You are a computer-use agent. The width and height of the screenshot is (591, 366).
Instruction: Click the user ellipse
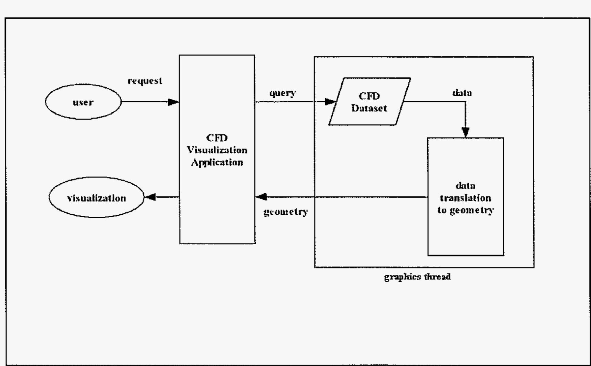[x=83, y=102]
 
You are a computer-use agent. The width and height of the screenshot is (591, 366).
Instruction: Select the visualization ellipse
[x=96, y=198]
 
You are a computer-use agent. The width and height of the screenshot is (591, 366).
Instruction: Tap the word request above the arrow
[x=145, y=81]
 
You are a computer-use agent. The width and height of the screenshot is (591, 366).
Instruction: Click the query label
[x=283, y=93]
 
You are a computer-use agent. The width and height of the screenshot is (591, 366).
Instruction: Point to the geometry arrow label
[x=286, y=212]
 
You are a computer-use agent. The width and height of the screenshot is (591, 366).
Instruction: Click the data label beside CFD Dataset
[x=462, y=93]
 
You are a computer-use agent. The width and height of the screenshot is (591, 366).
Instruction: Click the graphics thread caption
[x=417, y=277]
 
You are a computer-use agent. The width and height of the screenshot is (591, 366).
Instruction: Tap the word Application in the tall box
[x=217, y=162]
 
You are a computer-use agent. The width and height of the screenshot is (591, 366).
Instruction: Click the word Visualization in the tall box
[x=217, y=150]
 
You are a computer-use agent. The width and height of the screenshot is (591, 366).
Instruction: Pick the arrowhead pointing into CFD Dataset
[x=330, y=102]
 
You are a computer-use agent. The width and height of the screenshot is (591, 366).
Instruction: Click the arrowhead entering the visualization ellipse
[x=150, y=197]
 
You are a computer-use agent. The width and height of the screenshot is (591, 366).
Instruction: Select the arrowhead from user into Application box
[x=173, y=102]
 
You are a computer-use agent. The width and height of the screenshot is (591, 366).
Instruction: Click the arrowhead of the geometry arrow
[x=262, y=197]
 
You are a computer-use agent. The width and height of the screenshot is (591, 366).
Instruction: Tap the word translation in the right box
[x=466, y=198]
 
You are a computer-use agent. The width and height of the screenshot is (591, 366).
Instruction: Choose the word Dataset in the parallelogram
[x=369, y=108]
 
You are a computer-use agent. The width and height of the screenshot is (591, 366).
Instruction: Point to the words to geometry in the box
[x=466, y=210]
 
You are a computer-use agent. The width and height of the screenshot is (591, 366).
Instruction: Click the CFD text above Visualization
[x=217, y=138]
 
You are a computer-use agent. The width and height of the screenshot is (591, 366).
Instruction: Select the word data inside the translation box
[x=466, y=186]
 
